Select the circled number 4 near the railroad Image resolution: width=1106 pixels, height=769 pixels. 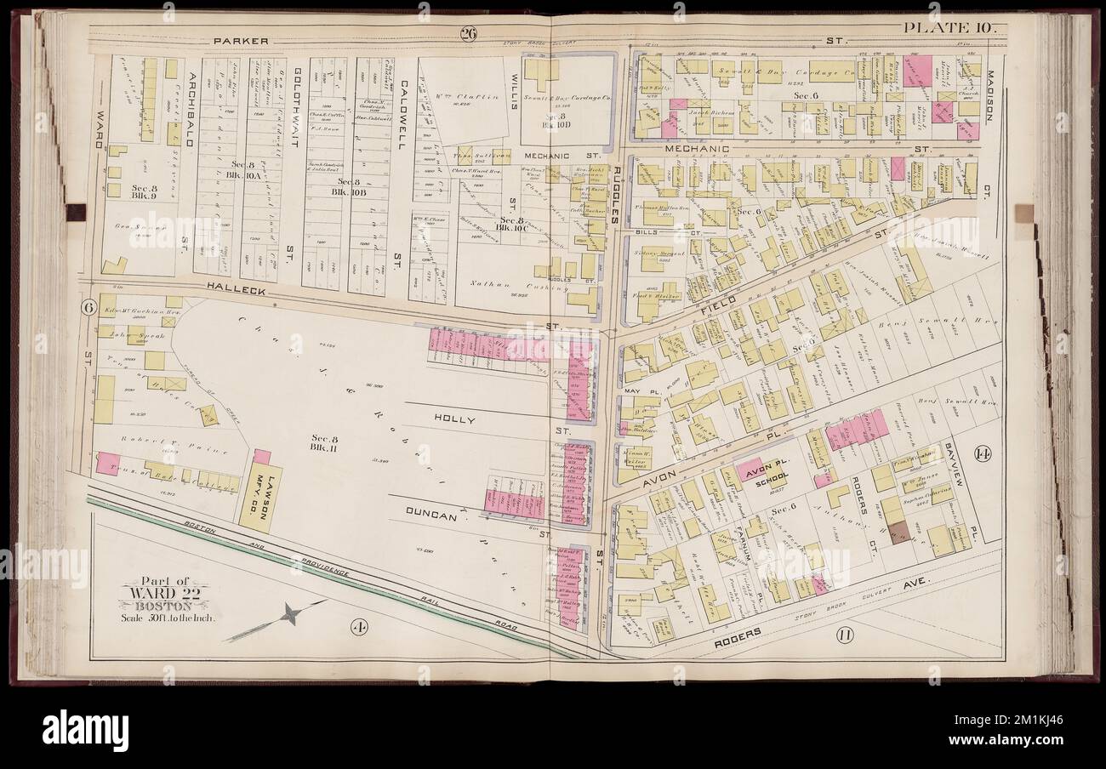(x=358, y=629)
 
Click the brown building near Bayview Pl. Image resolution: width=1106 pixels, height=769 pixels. (x=898, y=533)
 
